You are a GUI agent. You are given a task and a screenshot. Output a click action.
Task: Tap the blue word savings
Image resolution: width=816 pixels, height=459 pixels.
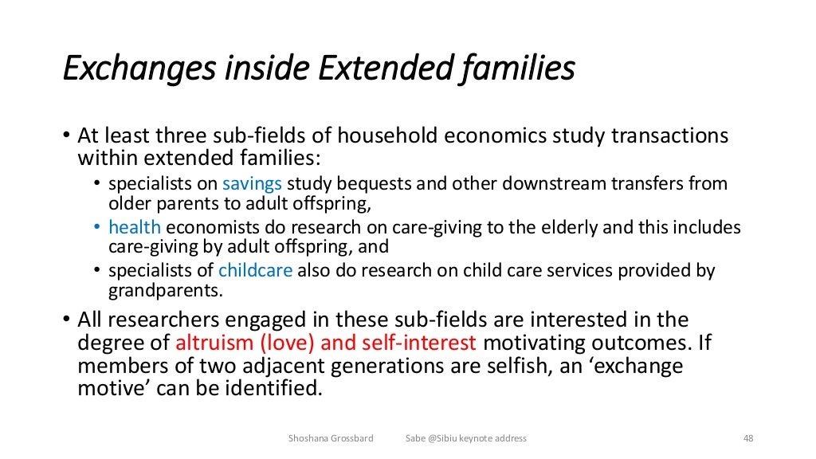coord(252,183)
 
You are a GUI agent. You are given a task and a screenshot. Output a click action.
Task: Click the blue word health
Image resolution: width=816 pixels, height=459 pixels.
coord(135,227)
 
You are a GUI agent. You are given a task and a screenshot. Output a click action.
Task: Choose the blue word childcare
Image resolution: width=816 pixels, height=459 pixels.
coord(255,271)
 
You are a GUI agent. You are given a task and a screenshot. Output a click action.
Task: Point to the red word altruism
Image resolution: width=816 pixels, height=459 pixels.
coord(211,343)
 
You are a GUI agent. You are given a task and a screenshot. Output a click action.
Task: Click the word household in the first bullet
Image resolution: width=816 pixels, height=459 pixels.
coord(368,135)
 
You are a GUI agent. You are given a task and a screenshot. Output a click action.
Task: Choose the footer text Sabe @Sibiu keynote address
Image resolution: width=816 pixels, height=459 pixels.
coord(465,438)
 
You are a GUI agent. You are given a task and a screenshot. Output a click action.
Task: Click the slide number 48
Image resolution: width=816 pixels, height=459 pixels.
coord(747,438)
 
